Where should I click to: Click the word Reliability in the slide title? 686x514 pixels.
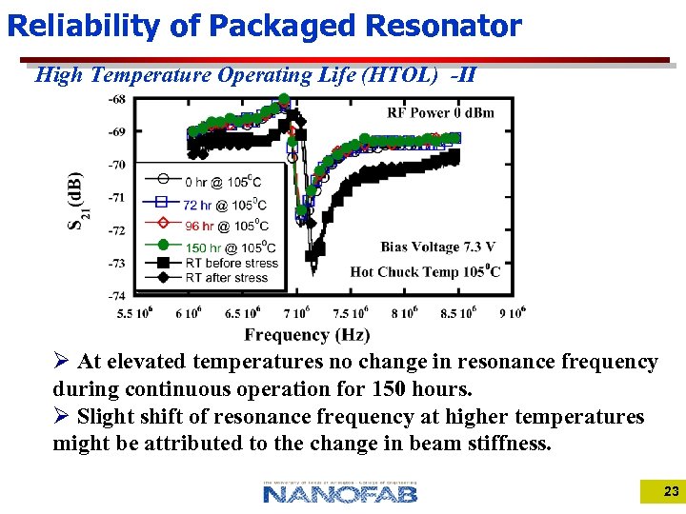(x=84, y=26)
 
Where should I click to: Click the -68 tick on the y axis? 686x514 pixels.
(x=116, y=99)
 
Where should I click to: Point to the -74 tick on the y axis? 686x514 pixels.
(x=116, y=296)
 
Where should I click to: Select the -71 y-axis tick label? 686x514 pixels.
(x=116, y=197)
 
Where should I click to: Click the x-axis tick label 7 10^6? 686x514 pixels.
(x=296, y=313)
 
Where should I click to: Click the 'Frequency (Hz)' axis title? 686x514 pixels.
(x=307, y=334)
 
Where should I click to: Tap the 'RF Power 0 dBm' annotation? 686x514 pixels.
(x=440, y=113)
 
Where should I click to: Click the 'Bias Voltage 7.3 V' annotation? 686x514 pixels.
(x=438, y=247)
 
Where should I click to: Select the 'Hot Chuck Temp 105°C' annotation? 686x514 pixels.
(x=425, y=271)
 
